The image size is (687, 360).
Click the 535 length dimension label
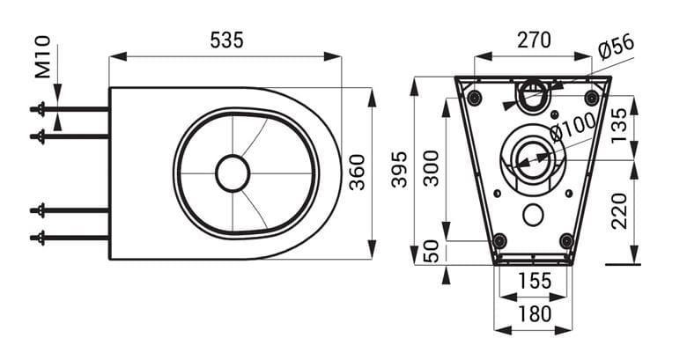point(226,40)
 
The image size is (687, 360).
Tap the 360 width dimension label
point(357,173)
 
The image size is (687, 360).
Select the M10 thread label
point(43,57)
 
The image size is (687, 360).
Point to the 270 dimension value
point(534,40)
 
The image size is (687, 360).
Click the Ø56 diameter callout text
point(616,47)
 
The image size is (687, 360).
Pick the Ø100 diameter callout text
point(573,127)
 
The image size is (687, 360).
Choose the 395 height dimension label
point(399,169)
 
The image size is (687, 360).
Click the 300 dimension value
point(431,169)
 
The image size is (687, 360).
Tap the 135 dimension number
point(619,126)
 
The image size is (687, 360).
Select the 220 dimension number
point(619,211)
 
